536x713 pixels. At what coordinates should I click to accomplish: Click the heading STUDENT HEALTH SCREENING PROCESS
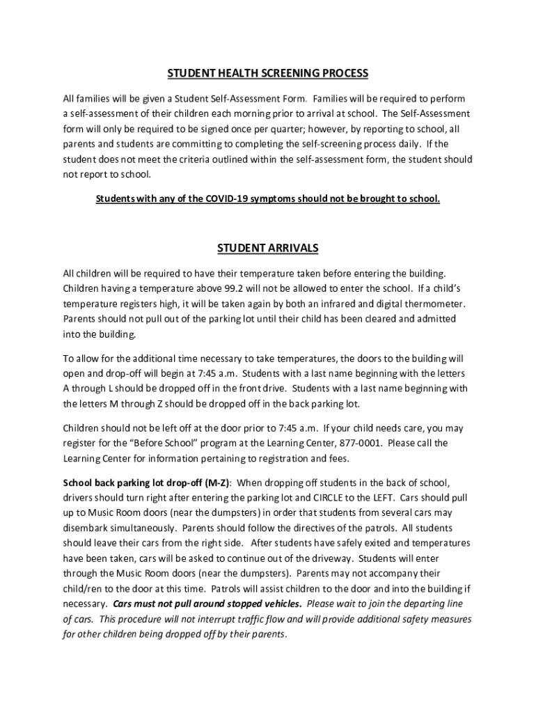tap(267, 73)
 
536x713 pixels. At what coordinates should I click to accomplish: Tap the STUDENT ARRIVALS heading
tap(268, 248)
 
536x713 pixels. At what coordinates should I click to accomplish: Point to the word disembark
tap(88, 528)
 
